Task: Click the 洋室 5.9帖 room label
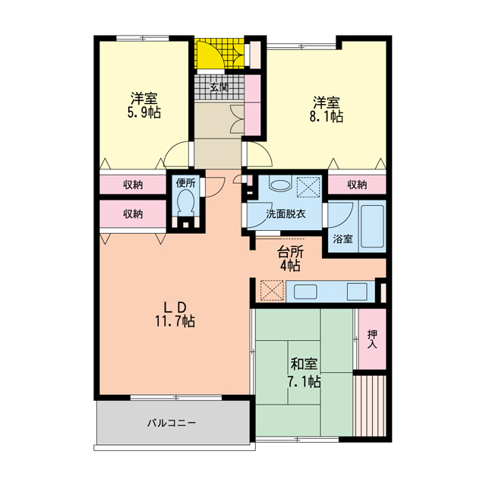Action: pos(144,106)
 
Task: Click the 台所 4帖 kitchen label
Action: pos(289,258)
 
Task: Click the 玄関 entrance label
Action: pos(219,87)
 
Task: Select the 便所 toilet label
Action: pos(185,183)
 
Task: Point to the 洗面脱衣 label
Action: pos(286,214)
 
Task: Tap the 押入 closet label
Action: pos(371,339)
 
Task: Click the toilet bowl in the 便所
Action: pos(185,203)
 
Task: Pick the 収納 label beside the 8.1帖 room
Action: pos(357,185)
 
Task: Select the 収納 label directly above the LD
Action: pos(132,213)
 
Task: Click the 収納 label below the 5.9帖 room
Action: pos(132,185)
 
